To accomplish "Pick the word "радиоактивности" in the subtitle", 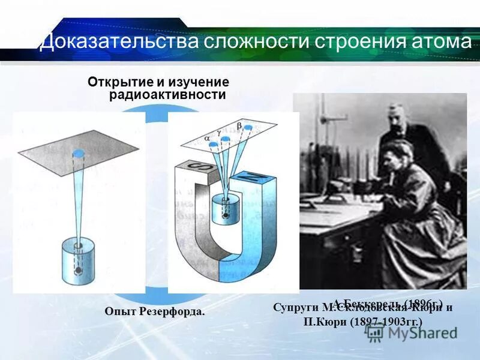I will [x=167, y=95].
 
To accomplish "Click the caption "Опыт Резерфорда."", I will [x=155, y=311].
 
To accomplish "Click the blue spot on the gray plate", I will [x=78, y=154].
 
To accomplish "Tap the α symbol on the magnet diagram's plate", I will [x=208, y=137].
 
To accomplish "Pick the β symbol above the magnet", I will [x=239, y=126].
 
